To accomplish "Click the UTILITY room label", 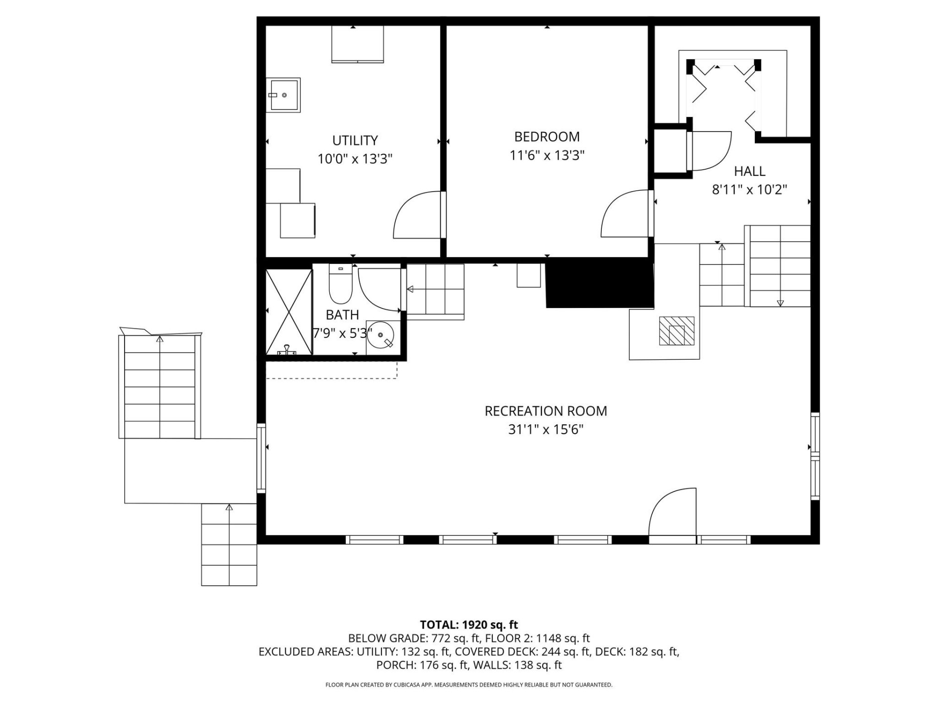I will click(355, 141).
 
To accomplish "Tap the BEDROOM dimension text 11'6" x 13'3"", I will click(547, 155).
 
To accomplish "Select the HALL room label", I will click(749, 171).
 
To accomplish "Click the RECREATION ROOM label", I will click(546, 411).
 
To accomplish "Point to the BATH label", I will click(342, 315).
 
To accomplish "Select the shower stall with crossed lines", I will click(289, 311).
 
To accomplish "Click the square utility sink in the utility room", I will click(283, 95).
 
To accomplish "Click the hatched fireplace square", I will click(677, 331).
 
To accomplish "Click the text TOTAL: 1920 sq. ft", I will click(469, 625).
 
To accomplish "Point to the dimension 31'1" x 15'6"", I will click(546, 430).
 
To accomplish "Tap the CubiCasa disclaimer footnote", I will click(469, 685).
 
